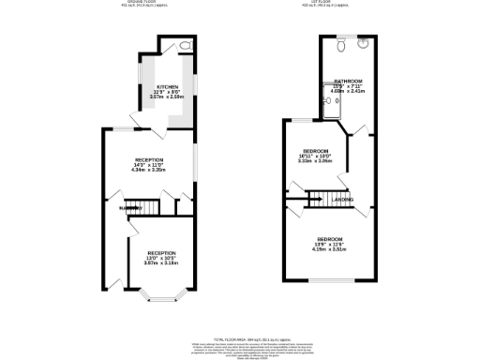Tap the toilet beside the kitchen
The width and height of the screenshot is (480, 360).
[184, 44]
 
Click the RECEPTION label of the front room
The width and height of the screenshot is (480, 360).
[160, 252]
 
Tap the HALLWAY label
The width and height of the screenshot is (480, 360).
[117, 207]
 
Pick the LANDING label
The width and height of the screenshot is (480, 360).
[343, 200]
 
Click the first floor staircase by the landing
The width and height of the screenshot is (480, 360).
[319, 198]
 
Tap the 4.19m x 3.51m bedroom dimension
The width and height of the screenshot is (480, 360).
[329, 249]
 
